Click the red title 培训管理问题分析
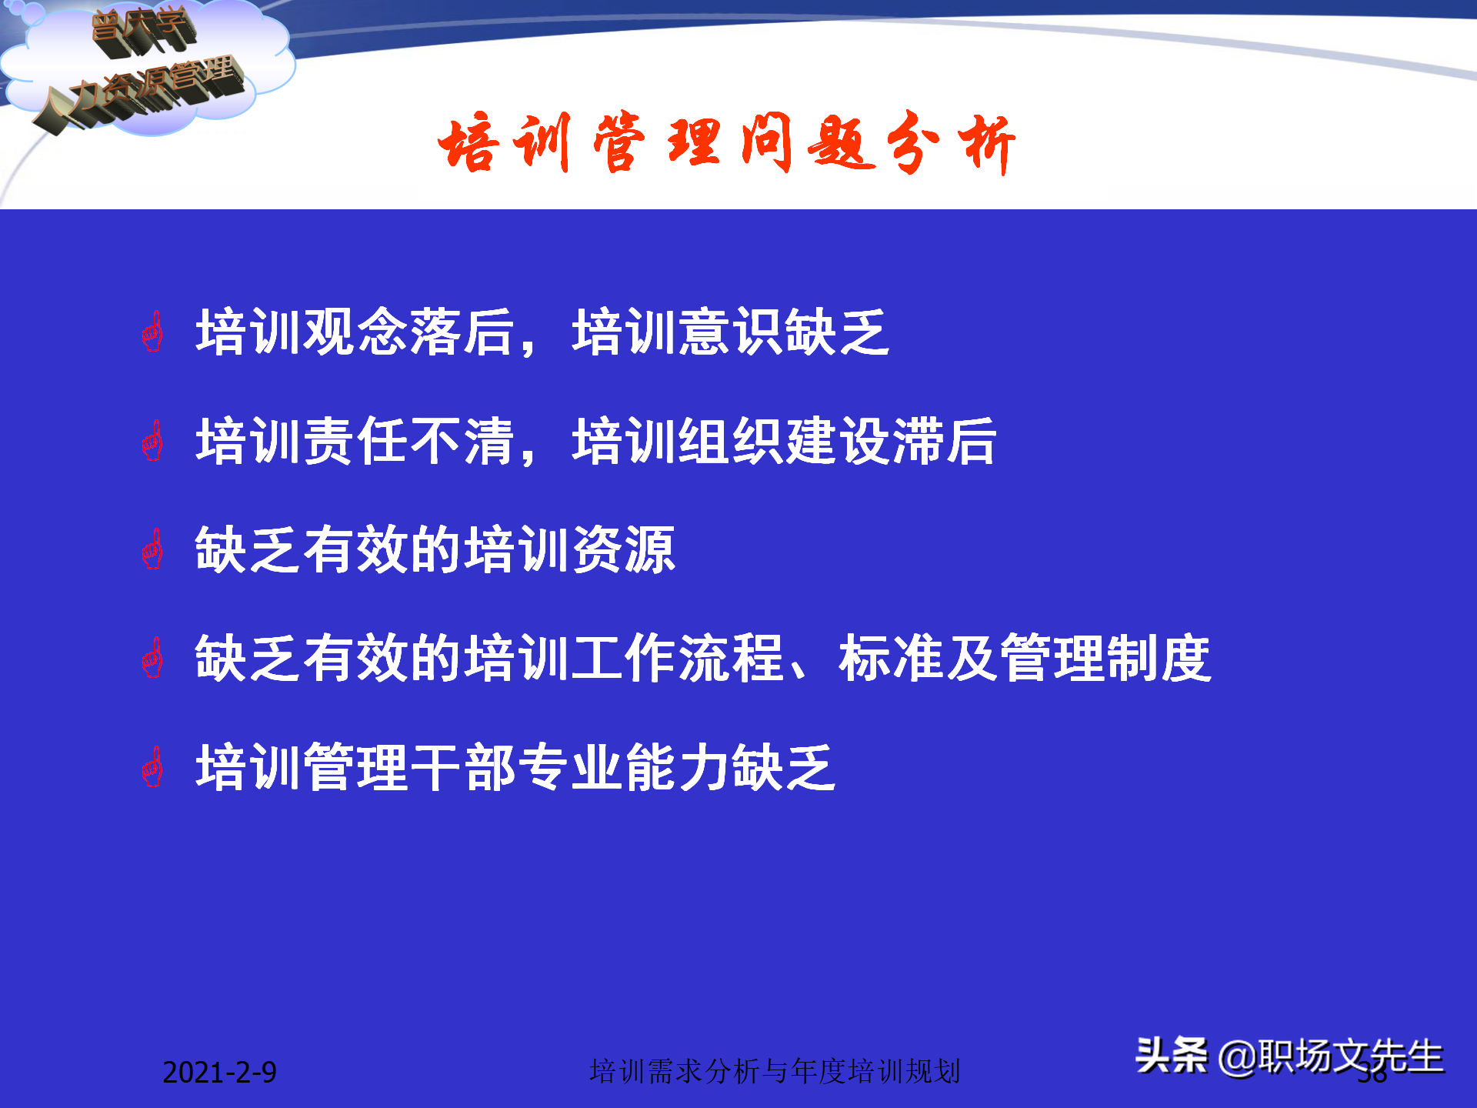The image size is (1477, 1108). coord(726,143)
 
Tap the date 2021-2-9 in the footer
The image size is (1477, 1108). coord(219,1073)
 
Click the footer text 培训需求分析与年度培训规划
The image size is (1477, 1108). coord(775,1071)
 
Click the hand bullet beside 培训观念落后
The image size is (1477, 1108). coord(153,332)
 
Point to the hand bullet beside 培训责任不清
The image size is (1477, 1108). coord(153,442)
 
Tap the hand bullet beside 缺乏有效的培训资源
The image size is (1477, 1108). coord(153,549)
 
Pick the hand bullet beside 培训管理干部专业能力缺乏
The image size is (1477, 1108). coord(153,767)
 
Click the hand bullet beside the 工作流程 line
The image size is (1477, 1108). coord(153,659)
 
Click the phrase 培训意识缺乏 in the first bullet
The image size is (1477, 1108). coord(731,332)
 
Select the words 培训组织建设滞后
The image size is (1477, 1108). coord(785,442)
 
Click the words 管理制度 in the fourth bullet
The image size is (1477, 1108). coord(1106,659)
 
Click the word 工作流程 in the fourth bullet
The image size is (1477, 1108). coord(677,659)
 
